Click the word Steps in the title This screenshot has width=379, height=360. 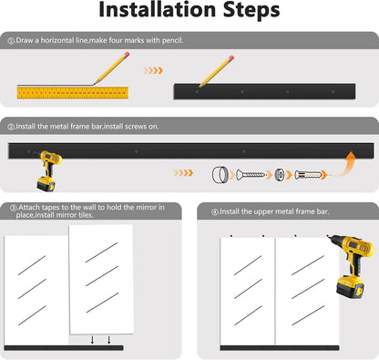click(x=251, y=11)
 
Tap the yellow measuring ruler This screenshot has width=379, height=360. click(x=73, y=93)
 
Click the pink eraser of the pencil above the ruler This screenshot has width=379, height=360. click(x=127, y=55)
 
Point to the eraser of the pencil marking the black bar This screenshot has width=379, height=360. click(x=230, y=58)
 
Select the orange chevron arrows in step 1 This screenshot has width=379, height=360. click(x=153, y=71)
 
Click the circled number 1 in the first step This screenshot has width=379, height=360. click(x=11, y=41)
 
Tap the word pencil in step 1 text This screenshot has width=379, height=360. click(x=172, y=40)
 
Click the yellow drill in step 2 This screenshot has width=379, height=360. click(x=48, y=170)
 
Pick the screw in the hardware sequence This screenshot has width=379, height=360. click(x=251, y=175)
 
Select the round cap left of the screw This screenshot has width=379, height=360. click(x=220, y=174)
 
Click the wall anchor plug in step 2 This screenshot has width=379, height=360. click(x=308, y=175)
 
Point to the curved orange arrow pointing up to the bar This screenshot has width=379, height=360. click(x=344, y=167)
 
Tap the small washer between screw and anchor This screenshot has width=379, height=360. click(x=280, y=175)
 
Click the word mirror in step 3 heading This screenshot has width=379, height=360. click(x=146, y=208)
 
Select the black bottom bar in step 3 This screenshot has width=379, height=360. click(x=64, y=348)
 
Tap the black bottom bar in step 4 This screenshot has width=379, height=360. click(x=280, y=348)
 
